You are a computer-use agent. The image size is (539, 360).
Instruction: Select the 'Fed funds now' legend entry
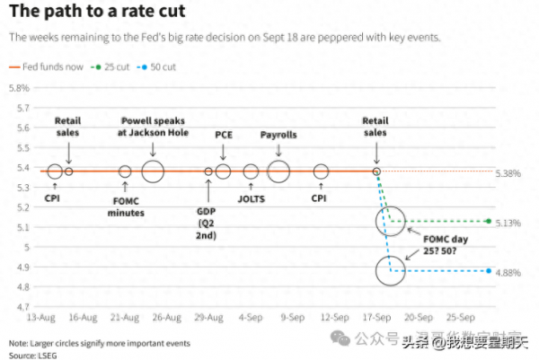pos(49,66)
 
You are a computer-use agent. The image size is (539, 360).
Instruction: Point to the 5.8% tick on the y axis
pos(19,88)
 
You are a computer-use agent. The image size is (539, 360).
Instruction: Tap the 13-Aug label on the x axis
pos(42,317)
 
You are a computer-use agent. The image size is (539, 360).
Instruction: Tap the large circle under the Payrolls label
pos(278,171)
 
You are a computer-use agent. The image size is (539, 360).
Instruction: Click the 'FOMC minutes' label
pos(126,207)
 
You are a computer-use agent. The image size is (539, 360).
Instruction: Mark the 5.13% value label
pos(508,223)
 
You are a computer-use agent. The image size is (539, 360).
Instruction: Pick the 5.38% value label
pos(508,173)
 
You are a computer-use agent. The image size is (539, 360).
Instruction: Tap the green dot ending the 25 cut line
pos(488,221)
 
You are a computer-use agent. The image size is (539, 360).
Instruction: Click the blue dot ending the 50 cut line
pos(488,270)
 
